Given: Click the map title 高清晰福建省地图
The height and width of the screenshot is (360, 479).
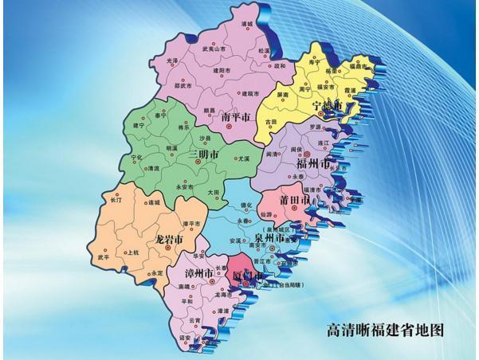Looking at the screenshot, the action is click(x=385, y=329).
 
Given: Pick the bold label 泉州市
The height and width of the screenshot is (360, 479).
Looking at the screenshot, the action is click(x=269, y=237).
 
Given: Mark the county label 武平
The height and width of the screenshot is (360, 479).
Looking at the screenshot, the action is click(x=104, y=257).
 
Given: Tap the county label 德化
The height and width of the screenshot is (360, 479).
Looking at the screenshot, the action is click(x=245, y=205).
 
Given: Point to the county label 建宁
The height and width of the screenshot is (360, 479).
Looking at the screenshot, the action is click(x=140, y=126).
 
